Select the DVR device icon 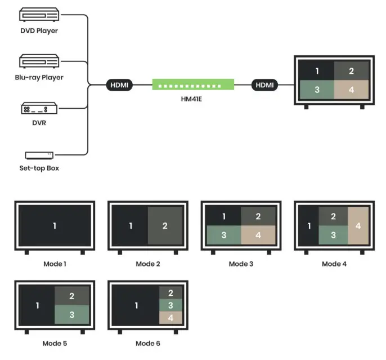[38, 108]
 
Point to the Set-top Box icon [39, 154]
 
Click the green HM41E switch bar [192, 85]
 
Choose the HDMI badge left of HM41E [119, 85]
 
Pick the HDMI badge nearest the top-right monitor [265, 85]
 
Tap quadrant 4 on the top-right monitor [352, 90]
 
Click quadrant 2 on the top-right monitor [352, 71]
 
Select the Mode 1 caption [55, 264]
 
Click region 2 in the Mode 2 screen [165, 225]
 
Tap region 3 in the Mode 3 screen [223, 235]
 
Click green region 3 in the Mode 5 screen [71, 314]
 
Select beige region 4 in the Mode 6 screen [170, 318]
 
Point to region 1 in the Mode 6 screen [137, 305]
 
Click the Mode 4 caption [334, 264]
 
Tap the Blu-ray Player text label [39, 77]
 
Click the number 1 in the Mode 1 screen [55, 225]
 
